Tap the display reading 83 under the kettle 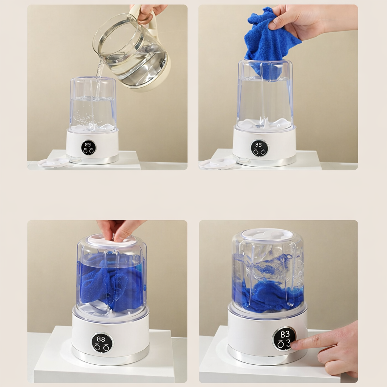coord(88,148)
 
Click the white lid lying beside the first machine coord(53,162)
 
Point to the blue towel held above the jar coord(269,42)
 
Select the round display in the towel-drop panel coord(260,148)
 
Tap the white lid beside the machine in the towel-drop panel coord(217,164)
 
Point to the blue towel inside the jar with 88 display coord(111,281)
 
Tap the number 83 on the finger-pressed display coord(285,334)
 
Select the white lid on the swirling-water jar coord(266,234)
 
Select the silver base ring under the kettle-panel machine coord(92,159)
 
